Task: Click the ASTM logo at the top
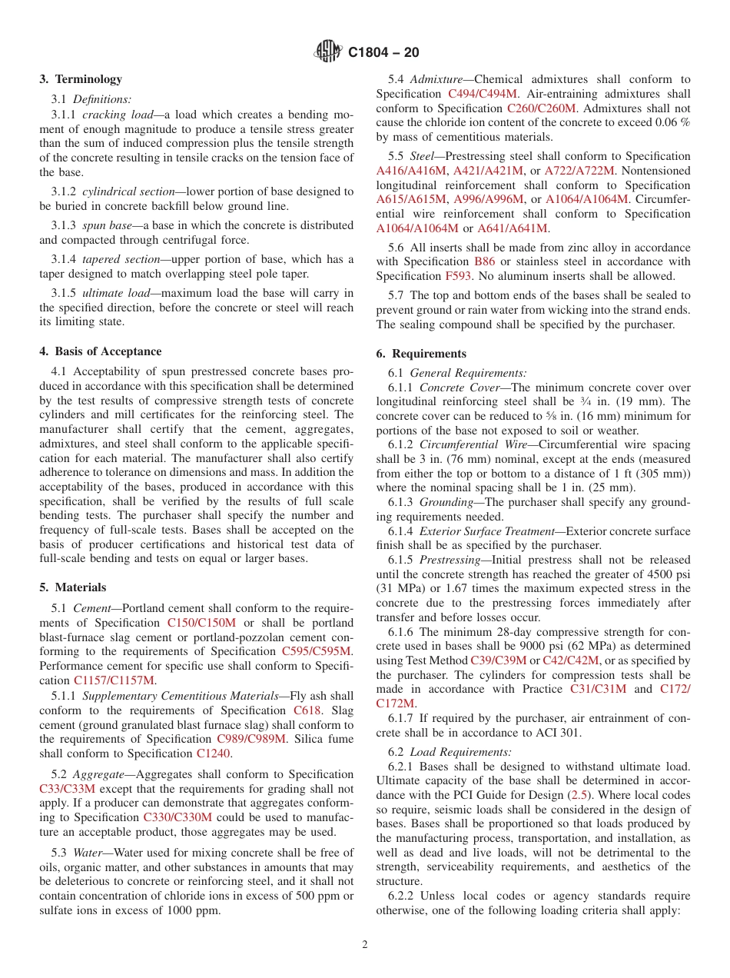tap(328, 52)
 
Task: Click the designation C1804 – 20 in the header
tap(383, 52)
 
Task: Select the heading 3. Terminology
tap(81, 79)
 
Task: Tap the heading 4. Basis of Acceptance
tap(101, 351)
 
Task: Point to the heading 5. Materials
tap(73, 587)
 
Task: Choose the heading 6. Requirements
tap(421, 354)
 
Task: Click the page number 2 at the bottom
tap(365, 944)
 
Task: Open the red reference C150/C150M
tap(201, 623)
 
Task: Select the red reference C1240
tap(213, 753)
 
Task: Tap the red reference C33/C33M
tap(67, 788)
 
